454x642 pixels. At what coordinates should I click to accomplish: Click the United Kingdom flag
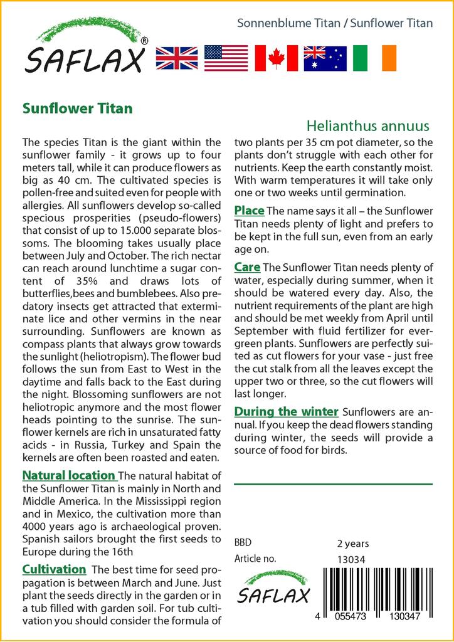tap(177, 58)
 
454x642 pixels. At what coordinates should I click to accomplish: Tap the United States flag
tap(226, 58)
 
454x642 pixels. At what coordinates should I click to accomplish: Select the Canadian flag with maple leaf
tap(276, 58)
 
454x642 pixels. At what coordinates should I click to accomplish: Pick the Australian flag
tap(325, 58)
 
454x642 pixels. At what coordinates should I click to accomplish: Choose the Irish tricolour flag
tap(375, 58)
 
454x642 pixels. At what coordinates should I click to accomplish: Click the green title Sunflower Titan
tap(78, 108)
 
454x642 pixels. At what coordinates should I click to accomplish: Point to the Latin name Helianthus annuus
tap(369, 125)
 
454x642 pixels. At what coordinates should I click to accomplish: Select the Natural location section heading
tap(69, 475)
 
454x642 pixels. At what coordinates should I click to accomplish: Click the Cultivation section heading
tap(55, 569)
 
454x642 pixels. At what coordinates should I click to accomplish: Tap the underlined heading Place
tap(249, 210)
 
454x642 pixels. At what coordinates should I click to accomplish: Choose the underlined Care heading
tap(247, 268)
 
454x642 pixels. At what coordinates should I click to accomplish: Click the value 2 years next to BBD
tap(353, 544)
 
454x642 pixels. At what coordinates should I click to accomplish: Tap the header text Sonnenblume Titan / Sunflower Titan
tap(335, 23)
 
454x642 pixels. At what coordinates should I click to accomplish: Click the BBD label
tap(243, 543)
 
